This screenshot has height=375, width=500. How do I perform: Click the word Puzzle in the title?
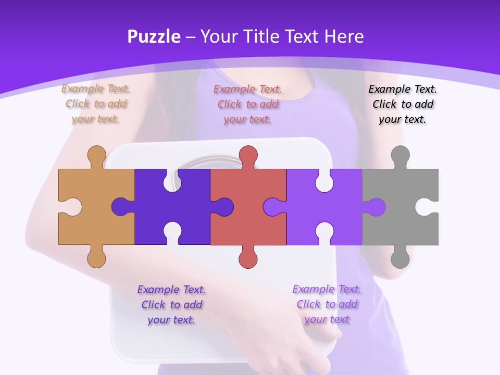[154, 37]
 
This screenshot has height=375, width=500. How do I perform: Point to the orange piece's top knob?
[96, 155]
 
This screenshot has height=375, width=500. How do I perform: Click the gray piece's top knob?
[400, 155]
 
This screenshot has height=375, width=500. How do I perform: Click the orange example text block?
[96, 104]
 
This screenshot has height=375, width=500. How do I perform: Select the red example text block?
[248, 104]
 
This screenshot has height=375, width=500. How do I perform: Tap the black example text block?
[403, 104]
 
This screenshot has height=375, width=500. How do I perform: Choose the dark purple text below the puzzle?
[171, 305]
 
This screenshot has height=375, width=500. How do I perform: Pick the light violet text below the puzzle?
[327, 304]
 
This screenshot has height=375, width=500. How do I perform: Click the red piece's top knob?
[248, 155]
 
